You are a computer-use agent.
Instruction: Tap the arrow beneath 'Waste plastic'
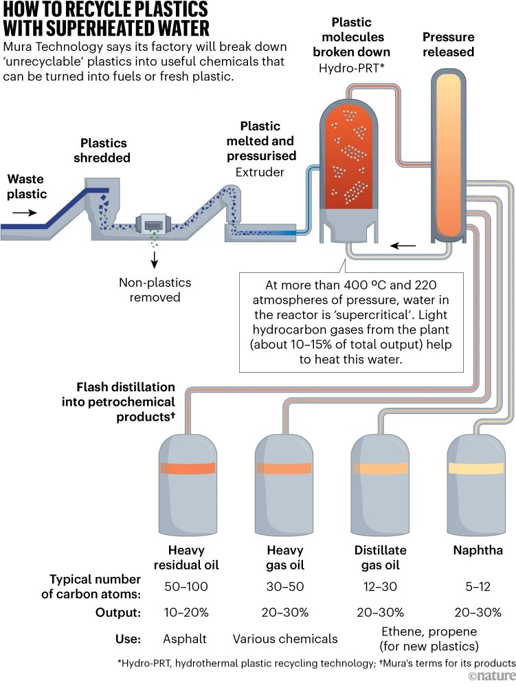23,213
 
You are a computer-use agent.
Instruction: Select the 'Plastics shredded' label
105,151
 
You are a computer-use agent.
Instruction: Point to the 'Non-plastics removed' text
155,290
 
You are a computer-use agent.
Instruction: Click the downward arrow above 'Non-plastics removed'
155,259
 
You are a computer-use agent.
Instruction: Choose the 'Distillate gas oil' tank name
380,558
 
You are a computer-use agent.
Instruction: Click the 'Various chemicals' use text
285,639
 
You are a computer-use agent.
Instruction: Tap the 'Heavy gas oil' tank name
284,558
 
